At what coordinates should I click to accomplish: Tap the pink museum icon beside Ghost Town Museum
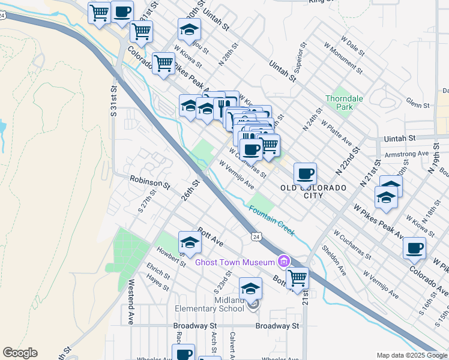[x=283, y=261]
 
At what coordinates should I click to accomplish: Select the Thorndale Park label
[x=340, y=103]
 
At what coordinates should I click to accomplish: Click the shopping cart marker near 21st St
[x=297, y=278]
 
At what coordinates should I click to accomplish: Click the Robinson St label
[x=150, y=180]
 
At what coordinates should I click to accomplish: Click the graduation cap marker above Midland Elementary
[x=250, y=289]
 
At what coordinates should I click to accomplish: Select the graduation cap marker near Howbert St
[x=190, y=243]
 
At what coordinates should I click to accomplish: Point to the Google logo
[x=20, y=353]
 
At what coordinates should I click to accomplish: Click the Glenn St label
[x=417, y=105]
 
